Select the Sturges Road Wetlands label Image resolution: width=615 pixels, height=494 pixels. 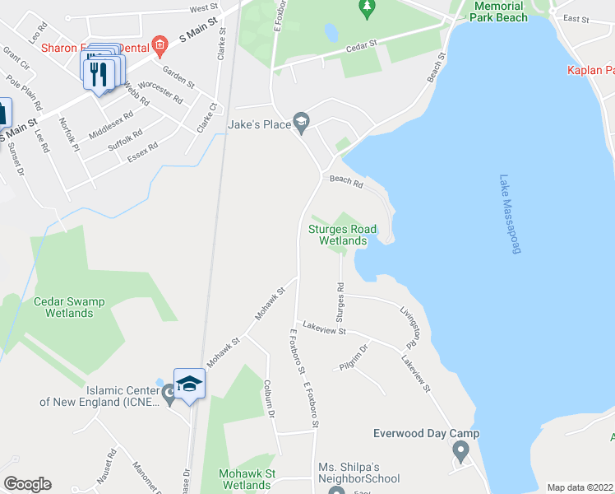coord(342,235)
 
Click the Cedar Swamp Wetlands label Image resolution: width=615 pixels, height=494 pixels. coord(69,307)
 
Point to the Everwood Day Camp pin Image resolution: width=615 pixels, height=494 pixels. coord(460,450)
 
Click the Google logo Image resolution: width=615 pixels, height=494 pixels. coord(27,484)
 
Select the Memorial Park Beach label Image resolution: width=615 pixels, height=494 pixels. coord(499,11)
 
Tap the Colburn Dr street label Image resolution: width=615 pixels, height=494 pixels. coord(269,398)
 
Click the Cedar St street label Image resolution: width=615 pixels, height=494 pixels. coord(361,43)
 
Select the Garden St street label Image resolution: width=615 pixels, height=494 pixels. coord(178,77)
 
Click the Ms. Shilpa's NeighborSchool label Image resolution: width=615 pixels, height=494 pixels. coord(359,473)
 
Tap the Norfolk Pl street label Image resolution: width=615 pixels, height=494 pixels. coord(68,136)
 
